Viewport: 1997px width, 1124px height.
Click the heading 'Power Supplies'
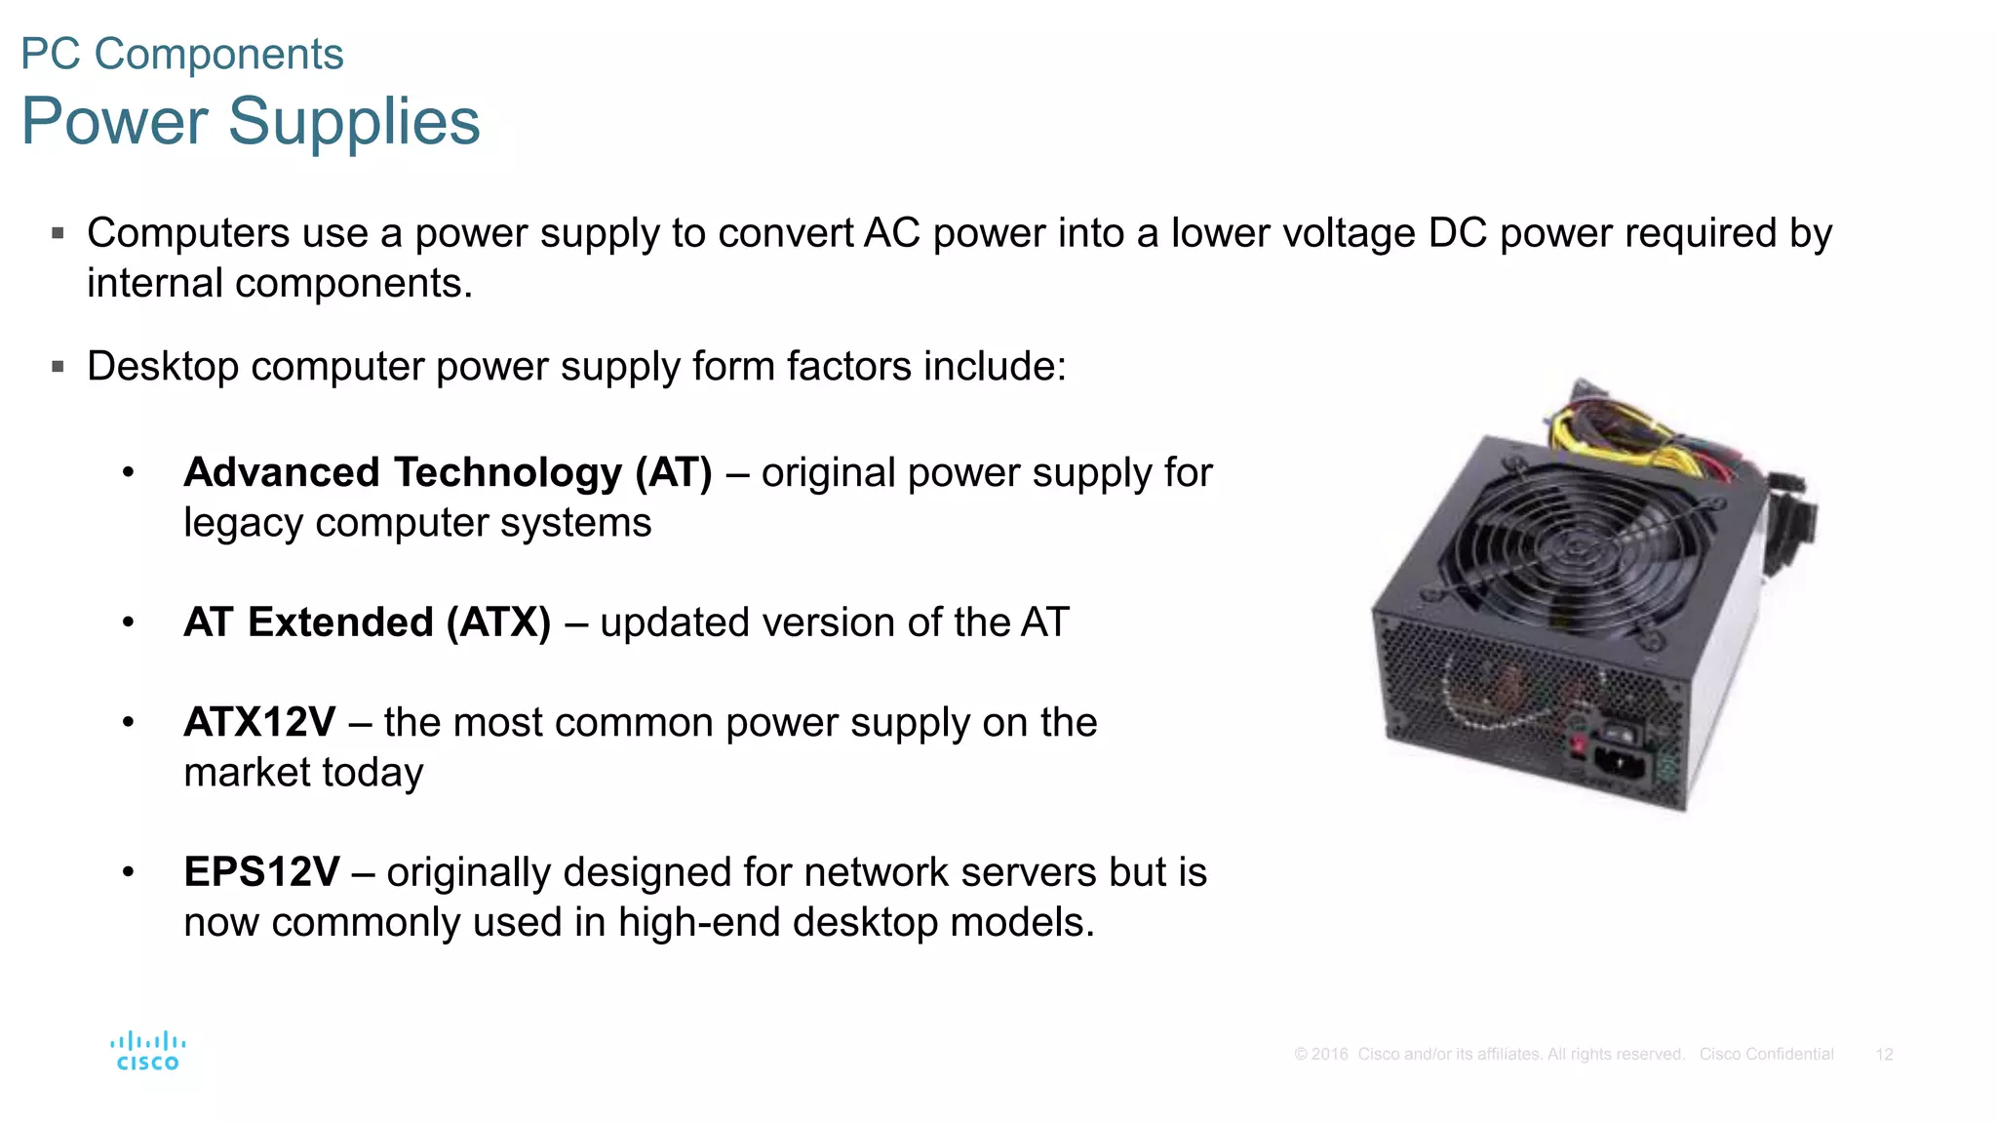[x=251, y=121]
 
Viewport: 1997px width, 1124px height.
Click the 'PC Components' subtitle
[x=182, y=54]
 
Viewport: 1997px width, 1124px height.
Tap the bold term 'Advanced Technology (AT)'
[x=448, y=472]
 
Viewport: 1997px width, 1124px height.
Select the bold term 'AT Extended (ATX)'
[x=368, y=622]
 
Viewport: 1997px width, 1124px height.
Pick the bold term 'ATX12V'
[x=259, y=723]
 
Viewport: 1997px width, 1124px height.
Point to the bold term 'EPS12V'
[x=261, y=872]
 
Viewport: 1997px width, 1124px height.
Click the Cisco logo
[x=147, y=1051]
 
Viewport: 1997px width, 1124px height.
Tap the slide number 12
[x=1884, y=1055]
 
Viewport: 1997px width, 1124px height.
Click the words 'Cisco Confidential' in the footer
[x=1766, y=1055]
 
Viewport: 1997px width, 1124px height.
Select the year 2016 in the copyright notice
[x=1329, y=1055]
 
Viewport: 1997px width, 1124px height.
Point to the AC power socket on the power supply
[x=1620, y=762]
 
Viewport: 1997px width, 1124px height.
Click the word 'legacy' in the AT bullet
[x=243, y=523]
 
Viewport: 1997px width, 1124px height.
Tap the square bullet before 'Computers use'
[x=59, y=233]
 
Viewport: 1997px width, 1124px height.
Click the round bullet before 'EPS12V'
[x=128, y=871]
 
